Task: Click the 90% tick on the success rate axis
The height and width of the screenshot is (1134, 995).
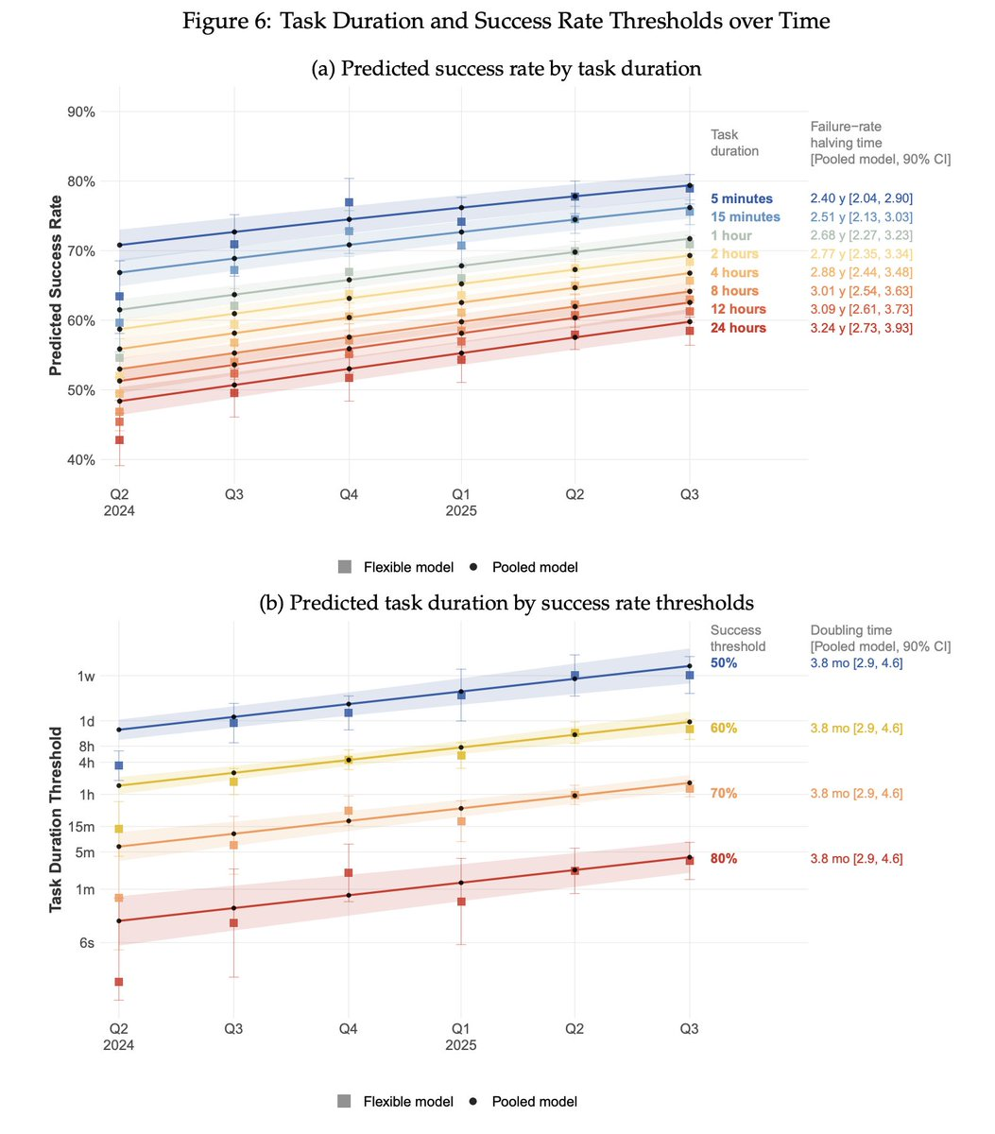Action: click(x=79, y=112)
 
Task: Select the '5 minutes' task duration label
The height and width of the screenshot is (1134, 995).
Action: click(x=741, y=198)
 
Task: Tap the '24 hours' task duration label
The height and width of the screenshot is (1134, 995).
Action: click(x=738, y=328)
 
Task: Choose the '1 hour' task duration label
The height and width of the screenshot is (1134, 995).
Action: click(x=731, y=235)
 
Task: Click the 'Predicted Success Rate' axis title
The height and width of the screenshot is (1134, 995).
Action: click(x=56, y=284)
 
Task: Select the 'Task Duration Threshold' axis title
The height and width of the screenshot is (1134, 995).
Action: click(x=56, y=818)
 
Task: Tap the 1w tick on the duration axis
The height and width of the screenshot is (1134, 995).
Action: click(x=86, y=676)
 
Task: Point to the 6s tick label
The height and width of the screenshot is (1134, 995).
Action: click(x=86, y=942)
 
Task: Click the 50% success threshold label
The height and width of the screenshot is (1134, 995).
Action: click(x=724, y=663)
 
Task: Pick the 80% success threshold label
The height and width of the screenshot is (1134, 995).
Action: click(x=724, y=859)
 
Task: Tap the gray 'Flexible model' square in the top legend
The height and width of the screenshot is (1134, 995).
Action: click(x=345, y=567)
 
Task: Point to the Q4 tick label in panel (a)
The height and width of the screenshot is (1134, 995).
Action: click(x=349, y=494)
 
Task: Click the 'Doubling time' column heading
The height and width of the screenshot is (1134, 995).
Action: click(x=850, y=630)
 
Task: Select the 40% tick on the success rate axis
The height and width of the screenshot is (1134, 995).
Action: click(x=79, y=460)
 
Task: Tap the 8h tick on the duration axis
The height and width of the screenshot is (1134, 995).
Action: click(x=86, y=746)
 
